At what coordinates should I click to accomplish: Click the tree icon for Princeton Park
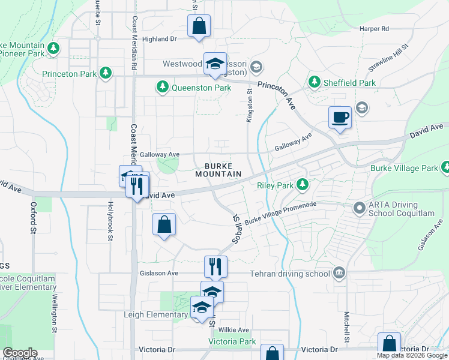(x=106, y=73)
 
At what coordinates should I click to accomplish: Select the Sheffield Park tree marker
(x=313, y=82)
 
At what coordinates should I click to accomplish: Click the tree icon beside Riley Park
(x=303, y=185)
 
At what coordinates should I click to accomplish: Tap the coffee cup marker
(x=340, y=116)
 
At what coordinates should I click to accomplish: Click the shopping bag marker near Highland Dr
(x=199, y=26)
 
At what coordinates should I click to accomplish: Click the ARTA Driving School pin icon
(x=359, y=208)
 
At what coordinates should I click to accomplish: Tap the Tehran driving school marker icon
(x=339, y=274)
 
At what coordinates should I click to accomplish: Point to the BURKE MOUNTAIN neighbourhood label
(x=218, y=170)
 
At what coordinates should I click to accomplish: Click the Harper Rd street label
(x=375, y=28)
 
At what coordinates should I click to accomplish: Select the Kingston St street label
(x=249, y=106)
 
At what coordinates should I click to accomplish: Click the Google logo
(x=20, y=353)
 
